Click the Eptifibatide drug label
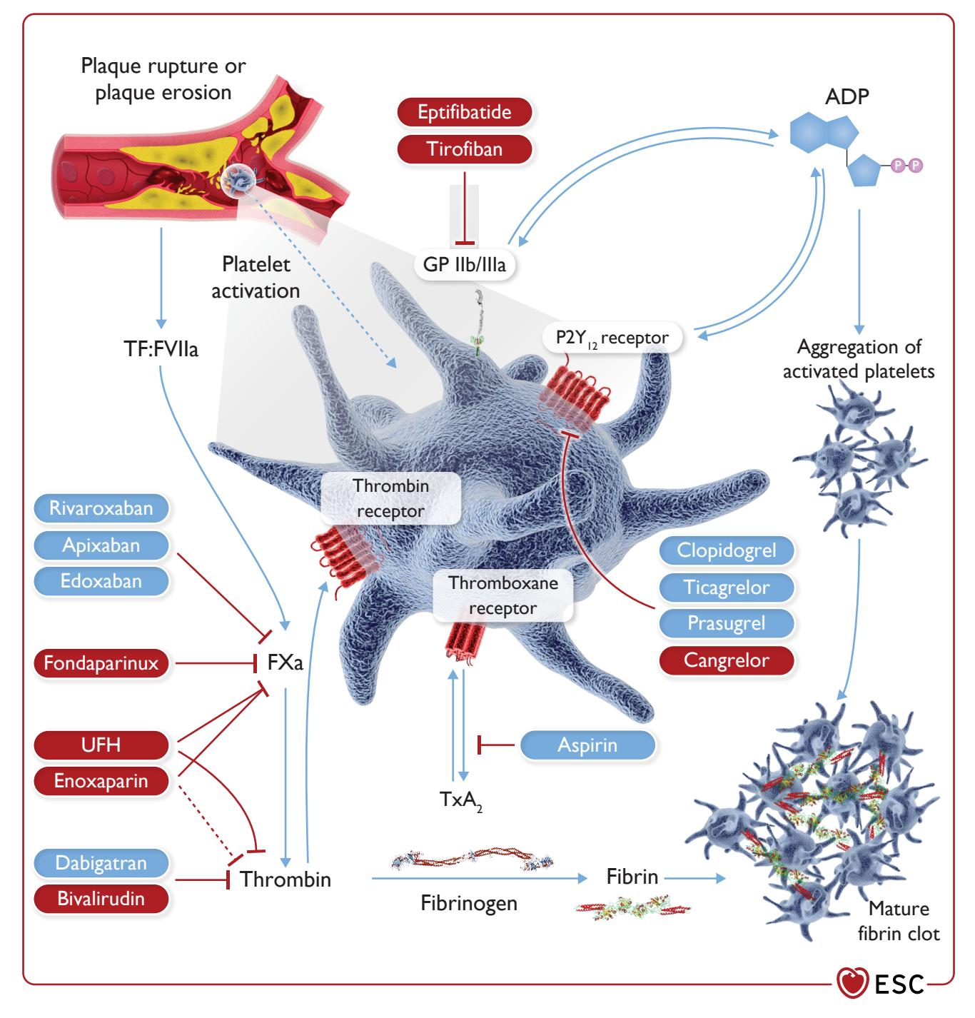tap(464, 112)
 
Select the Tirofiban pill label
tap(464, 149)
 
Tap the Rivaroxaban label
tap(101, 508)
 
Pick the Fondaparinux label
tap(101, 662)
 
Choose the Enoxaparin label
tap(101, 780)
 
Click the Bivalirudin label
tap(101, 898)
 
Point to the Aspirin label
tap(587, 745)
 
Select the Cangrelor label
tap(726, 660)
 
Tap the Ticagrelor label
tap(726, 587)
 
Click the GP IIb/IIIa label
tap(464, 265)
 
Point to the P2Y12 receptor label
tap(612, 338)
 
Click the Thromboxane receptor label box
tap(502, 595)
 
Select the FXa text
tap(285, 662)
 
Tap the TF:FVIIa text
tap(161, 349)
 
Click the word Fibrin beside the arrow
tap(632, 877)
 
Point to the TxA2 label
tap(461, 800)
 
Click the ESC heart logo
tap(852, 982)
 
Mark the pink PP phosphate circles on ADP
tap(906, 166)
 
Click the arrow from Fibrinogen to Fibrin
tap(479, 878)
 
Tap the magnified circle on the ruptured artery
tap(238, 181)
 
